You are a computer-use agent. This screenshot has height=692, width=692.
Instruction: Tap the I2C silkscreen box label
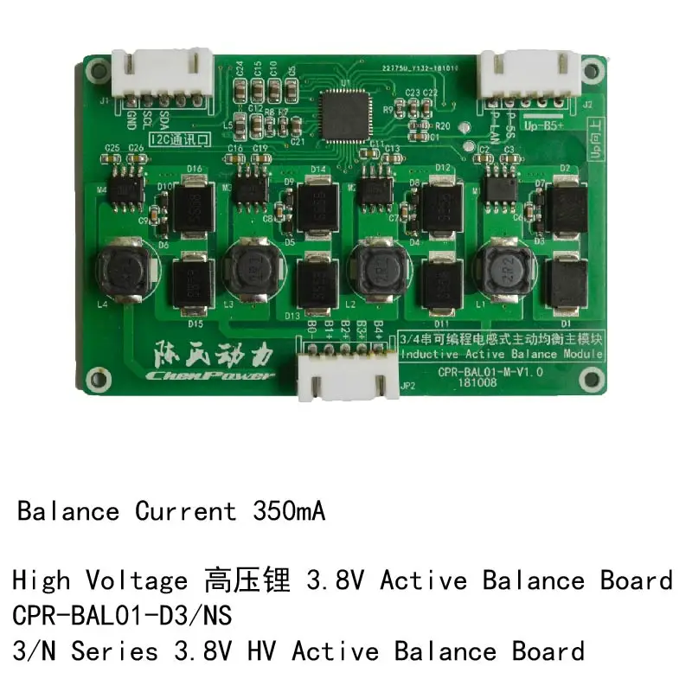point(179,138)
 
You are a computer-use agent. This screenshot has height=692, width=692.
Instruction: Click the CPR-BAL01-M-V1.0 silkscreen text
point(490,371)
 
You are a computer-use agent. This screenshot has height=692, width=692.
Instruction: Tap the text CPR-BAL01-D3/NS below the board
point(123,615)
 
